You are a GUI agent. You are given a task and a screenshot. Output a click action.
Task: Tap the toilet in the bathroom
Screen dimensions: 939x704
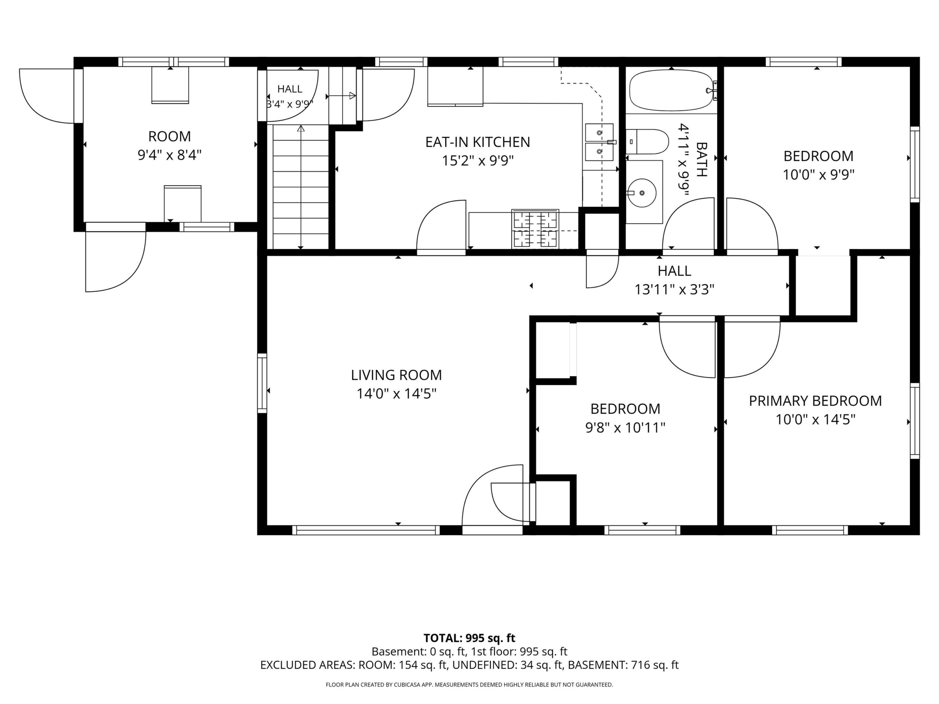[647, 142]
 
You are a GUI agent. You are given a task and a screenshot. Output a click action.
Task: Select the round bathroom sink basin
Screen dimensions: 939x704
[642, 192]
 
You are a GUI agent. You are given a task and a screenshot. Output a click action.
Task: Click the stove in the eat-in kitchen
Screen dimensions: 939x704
[535, 229]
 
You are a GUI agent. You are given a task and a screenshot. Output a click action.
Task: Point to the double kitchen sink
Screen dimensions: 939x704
[599, 142]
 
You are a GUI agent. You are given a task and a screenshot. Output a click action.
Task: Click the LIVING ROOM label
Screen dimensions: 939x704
[396, 375]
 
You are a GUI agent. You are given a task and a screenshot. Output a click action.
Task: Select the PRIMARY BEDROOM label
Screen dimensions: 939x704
[815, 401]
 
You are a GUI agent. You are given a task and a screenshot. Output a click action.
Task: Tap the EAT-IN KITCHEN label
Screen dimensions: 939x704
[478, 142]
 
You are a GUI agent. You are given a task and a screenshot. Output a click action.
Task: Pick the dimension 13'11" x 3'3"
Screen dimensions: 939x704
[674, 289]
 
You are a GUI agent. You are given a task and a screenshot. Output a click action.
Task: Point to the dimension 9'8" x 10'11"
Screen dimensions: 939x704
[625, 428]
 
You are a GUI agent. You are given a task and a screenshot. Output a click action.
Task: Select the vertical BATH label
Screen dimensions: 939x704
[702, 159]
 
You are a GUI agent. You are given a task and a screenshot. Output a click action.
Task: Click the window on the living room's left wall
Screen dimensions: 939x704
[262, 383]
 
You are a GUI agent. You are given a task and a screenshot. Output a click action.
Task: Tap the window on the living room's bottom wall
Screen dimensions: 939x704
[366, 530]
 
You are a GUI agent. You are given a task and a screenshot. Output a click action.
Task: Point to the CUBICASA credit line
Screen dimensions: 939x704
[469, 685]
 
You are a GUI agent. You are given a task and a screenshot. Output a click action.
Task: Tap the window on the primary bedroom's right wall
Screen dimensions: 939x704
[915, 421]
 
